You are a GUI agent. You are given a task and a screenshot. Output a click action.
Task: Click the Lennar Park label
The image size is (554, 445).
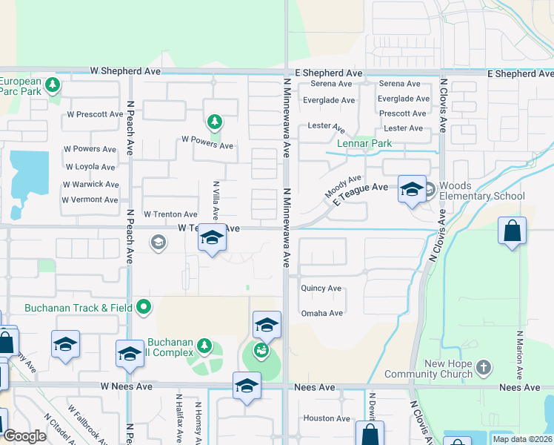[364, 143]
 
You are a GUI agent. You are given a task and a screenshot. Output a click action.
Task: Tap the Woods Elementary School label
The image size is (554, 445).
[481, 191]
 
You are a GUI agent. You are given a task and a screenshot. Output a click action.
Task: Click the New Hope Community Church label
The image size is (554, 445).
[449, 369]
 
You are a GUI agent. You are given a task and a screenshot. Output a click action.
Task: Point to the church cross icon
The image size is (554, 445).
[483, 367]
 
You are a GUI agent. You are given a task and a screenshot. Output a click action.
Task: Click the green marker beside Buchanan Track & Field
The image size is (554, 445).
[144, 306]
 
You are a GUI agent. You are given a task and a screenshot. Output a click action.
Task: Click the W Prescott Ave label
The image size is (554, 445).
[95, 114]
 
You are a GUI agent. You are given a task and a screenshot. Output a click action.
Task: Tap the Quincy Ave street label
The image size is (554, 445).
[321, 288]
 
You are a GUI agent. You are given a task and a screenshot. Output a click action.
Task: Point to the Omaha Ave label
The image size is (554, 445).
[321, 313]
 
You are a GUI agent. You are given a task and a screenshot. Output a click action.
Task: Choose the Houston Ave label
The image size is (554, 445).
[327, 418]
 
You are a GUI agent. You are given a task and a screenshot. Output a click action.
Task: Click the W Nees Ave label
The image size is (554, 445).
[127, 386]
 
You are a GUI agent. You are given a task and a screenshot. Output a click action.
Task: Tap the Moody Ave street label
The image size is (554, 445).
[343, 186]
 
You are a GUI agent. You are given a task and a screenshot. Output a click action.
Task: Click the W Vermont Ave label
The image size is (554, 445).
[90, 200]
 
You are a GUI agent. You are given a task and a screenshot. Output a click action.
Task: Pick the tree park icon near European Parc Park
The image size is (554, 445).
[52, 85]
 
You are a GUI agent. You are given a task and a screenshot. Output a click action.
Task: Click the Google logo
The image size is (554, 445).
[24, 436]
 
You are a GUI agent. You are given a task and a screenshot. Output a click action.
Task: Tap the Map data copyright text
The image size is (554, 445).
[522, 439]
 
